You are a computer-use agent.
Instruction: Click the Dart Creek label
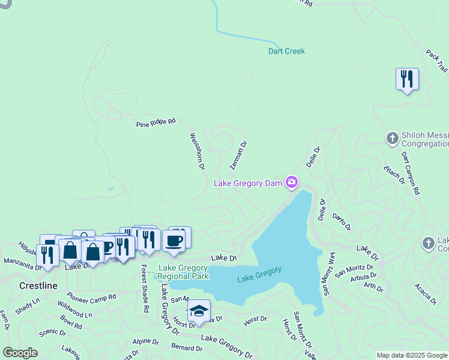pos(286,51)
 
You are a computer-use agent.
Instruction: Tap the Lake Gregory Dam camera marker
pos(292,182)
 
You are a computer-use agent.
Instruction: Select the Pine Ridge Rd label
pos(155,122)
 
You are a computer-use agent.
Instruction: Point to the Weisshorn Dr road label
pos(197,151)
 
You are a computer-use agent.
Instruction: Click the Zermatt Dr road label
pos(239,155)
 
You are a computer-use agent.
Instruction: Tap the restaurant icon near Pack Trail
pos(407,79)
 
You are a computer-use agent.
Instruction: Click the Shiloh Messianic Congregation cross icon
pos(392,139)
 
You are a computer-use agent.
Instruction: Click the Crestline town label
pos(38,286)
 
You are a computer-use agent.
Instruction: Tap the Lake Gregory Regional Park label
pos(183,272)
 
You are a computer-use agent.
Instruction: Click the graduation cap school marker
pos(199,311)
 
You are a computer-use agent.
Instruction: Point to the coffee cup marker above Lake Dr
pos(173,241)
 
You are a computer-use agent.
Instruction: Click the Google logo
pos(20,353)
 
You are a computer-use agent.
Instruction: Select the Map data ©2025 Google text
pos(412,355)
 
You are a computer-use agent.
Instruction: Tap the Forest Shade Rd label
pos(145,289)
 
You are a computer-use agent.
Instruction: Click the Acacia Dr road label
pos(425,294)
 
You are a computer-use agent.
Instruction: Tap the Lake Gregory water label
pos(259,274)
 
